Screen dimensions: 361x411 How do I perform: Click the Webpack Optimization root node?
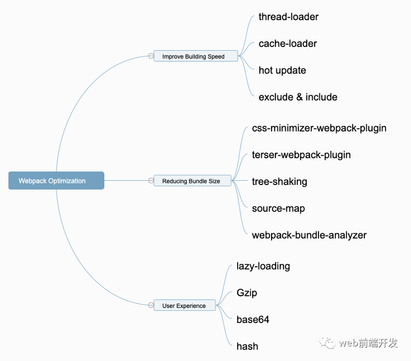[x=56, y=181]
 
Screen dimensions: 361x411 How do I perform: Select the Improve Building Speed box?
[x=195, y=56]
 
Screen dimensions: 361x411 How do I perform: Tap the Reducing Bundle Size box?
[x=192, y=181]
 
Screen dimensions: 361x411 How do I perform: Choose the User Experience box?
[x=185, y=306]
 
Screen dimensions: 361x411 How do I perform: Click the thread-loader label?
[x=288, y=17]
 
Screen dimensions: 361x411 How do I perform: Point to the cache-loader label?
[x=287, y=44]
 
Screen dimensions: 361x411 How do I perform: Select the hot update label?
[x=282, y=70]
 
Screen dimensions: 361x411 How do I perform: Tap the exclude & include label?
[x=298, y=97]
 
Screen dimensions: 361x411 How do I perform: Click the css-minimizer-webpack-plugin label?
[x=319, y=128]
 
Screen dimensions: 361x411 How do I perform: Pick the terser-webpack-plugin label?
[x=301, y=155]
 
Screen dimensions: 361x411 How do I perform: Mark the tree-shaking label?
[x=279, y=182]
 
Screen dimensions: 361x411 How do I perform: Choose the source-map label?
[x=278, y=208]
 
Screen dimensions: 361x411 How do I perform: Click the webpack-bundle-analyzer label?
[x=309, y=235]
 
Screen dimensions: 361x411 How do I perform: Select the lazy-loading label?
[x=263, y=266]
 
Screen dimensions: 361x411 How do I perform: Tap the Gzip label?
[x=247, y=293]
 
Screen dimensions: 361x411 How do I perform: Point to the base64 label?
[x=253, y=320]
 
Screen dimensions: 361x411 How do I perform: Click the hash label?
[x=247, y=346]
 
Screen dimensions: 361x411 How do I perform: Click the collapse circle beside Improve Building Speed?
[x=151, y=56]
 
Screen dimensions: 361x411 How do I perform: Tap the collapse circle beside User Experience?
[x=151, y=305]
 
